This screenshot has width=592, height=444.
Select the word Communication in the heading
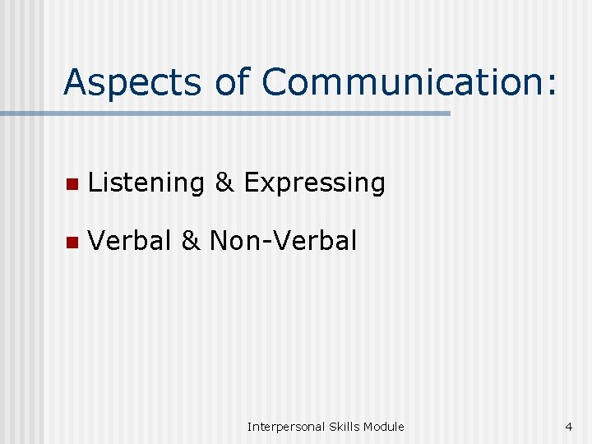pyautogui.click(x=399, y=82)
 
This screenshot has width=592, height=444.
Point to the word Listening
pyautogui.click(x=146, y=183)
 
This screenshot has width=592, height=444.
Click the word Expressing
pyautogui.click(x=315, y=183)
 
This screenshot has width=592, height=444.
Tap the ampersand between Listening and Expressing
pyautogui.click(x=224, y=183)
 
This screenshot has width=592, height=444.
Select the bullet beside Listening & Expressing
pyautogui.click(x=72, y=183)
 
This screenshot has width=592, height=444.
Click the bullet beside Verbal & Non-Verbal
pyautogui.click(x=72, y=242)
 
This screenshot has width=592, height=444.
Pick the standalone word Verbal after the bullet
pyautogui.click(x=129, y=241)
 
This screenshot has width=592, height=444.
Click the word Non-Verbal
pyautogui.click(x=284, y=241)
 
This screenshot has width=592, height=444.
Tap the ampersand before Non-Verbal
pyautogui.click(x=190, y=241)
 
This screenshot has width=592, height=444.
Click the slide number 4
pyautogui.click(x=568, y=426)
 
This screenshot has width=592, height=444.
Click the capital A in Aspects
pyautogui.click(x=76, y=82)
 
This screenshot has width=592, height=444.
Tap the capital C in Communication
pyautogui.click(x=275, y=82)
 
